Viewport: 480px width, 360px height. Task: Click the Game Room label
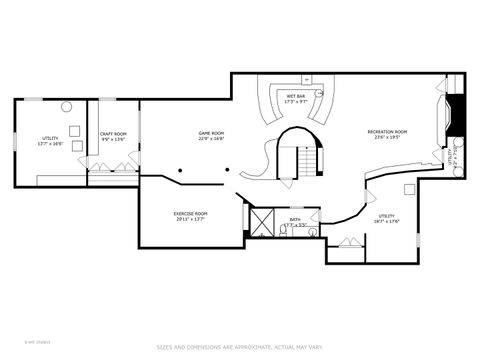pos(211,133)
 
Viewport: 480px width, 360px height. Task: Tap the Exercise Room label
pos(190,213)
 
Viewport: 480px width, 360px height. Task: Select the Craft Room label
pos(113,134)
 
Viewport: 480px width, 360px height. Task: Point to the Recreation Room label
pos(387,132)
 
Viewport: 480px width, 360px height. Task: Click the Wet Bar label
pos(296,97)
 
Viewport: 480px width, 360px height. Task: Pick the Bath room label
pos(295,219)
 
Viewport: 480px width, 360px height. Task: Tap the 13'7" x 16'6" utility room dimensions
pos(50,144)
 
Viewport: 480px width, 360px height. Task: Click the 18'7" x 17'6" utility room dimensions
pos(387,221)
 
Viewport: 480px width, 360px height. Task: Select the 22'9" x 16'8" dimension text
pos(211,139)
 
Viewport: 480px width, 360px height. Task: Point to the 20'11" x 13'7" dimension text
pos(190,219)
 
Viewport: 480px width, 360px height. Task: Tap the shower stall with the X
pos(263,221)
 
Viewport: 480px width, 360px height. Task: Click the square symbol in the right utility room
pos(409,189)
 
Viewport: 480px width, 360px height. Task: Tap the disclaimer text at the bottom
pos(239,347)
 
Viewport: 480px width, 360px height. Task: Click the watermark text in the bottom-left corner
pos(18,339)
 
